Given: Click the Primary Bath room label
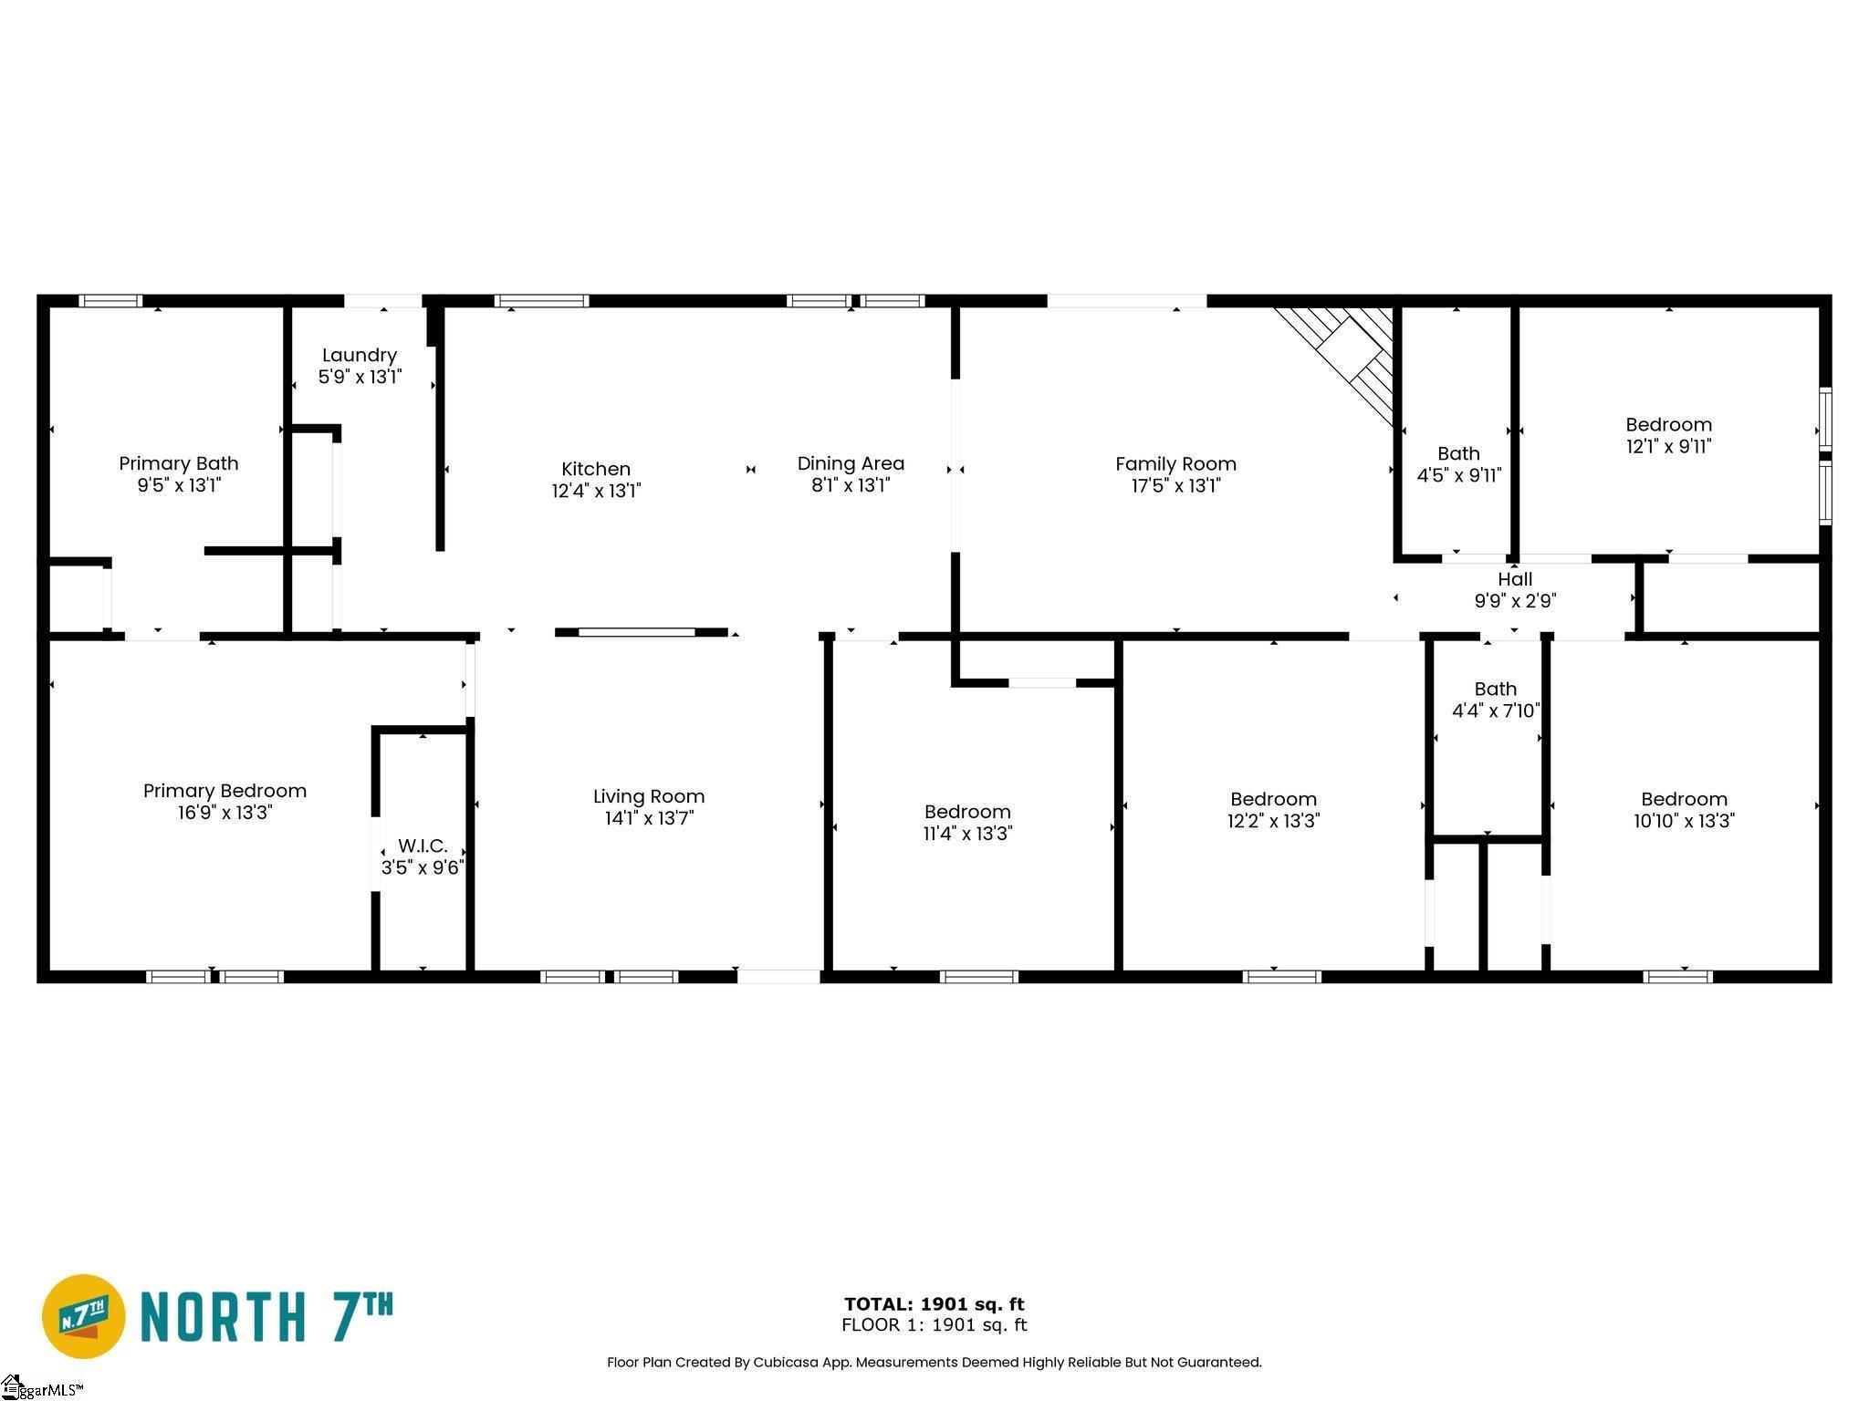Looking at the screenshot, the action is pos(179,463).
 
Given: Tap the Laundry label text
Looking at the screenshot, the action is pos(360,356).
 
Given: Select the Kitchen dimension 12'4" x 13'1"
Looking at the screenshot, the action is pos(596,491).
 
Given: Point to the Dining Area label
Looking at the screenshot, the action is pos(851,463).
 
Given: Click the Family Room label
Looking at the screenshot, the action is pos(1175,464).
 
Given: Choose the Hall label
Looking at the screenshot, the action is pos(1515,579).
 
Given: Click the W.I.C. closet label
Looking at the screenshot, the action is pos(423,846).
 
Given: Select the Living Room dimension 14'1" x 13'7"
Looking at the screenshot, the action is pos(649,818).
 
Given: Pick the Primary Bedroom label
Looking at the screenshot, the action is pos(224,791).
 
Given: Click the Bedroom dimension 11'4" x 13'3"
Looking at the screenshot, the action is pos(967,833).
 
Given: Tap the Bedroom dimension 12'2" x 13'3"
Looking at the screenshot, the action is pos(1273,821).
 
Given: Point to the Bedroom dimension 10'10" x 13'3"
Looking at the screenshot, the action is pos(1684,821).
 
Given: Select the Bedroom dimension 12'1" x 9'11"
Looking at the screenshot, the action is pos(1668,446).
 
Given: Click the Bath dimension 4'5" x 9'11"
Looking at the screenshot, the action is pos(1458,475).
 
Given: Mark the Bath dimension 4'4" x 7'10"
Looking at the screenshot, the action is pos(1496,711).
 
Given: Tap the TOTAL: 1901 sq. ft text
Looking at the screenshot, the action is pos(934,1304).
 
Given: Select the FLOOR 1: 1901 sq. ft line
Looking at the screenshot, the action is pos(934,1324).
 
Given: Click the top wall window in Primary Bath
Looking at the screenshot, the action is pos(110,301).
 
